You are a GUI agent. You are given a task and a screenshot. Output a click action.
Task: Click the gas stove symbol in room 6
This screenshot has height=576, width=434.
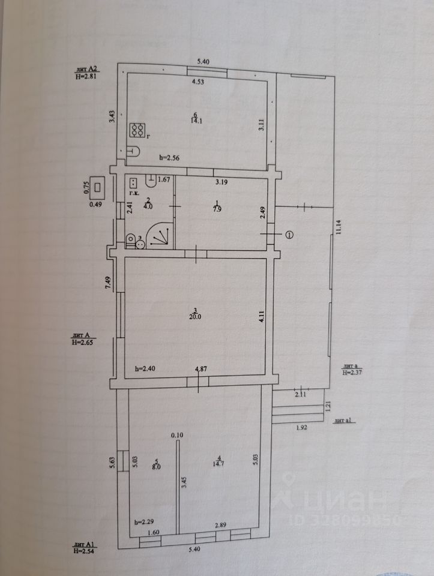pos(137,130)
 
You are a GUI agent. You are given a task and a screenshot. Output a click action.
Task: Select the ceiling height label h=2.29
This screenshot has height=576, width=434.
pos(144,521)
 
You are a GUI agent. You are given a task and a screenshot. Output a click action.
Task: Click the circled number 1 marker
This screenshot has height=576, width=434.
pos(291,235)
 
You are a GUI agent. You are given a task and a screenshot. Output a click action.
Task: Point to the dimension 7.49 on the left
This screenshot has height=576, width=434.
pos(108,283)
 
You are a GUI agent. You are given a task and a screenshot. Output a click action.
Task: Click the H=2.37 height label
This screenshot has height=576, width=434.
pos(353,373)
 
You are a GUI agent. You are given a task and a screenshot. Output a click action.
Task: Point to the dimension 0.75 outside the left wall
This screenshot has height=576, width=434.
pos(86,187)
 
